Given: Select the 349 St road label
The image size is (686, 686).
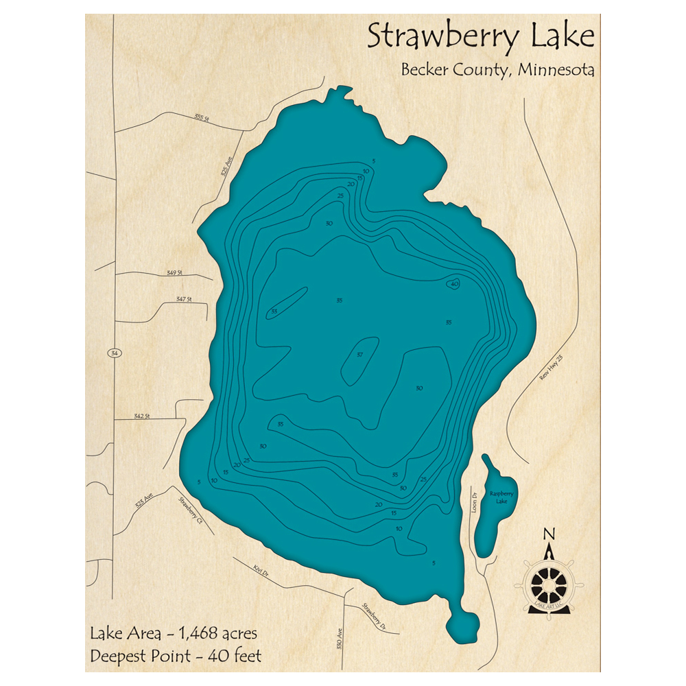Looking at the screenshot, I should (175, 273).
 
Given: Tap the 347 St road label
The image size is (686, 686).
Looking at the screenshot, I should (183, 300).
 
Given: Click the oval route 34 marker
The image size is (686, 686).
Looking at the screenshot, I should (114, 353).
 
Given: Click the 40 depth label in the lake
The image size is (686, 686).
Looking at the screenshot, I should (454, 283).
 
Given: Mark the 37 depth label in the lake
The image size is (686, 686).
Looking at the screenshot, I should (359, 355).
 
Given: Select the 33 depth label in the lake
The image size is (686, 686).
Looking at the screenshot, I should (274, 312).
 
